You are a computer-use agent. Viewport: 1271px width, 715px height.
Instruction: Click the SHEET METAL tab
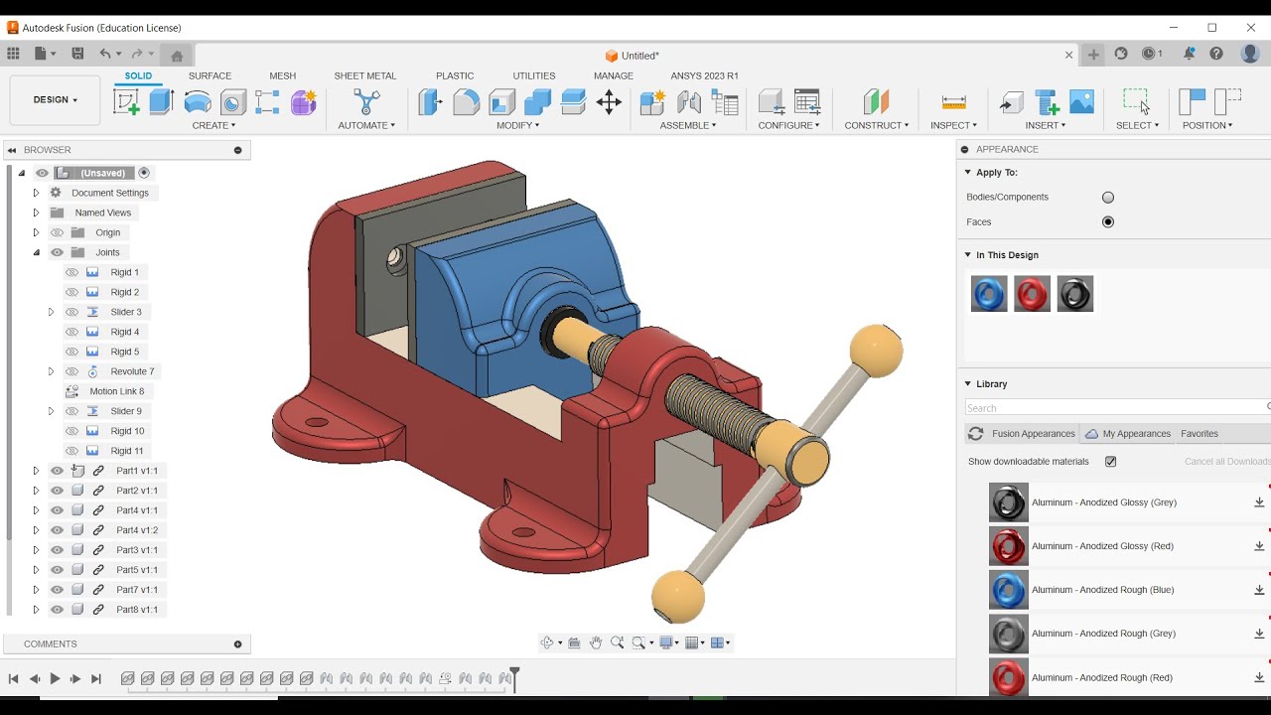[364, 75]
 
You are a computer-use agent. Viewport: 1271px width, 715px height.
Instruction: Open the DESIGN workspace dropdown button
[55, 100]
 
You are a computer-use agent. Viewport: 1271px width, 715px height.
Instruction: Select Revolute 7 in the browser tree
[132, 371]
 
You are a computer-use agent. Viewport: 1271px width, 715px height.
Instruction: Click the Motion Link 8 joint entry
[116, 391]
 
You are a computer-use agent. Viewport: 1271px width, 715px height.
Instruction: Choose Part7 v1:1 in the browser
[136, 590]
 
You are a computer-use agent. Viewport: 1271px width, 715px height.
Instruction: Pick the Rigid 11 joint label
[127, 451]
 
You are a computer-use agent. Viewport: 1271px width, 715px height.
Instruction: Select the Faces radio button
[1108, 222]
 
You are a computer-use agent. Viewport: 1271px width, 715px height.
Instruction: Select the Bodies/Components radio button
[1108, 198]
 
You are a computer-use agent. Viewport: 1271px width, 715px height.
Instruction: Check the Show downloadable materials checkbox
[1110, 462]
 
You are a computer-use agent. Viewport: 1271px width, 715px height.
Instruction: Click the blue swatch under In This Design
[989, 294]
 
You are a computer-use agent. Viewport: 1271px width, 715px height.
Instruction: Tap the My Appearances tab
[1136, 434]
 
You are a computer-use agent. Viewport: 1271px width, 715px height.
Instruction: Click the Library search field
[1112, 408]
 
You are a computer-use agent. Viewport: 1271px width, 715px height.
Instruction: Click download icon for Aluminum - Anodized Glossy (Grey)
[1259, 502]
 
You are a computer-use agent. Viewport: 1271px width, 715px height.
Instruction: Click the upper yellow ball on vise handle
[876, 350]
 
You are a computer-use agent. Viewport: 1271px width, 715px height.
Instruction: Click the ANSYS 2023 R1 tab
[704, 75]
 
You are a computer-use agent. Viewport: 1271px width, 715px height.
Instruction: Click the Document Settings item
[109, 193]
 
